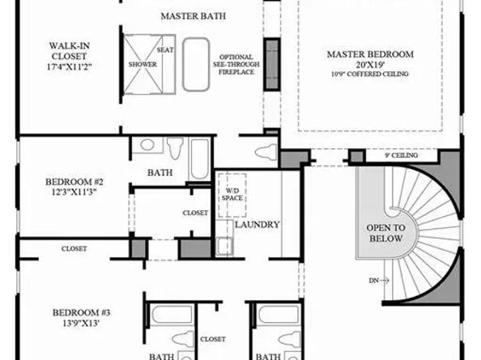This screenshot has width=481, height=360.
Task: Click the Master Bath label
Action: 194,16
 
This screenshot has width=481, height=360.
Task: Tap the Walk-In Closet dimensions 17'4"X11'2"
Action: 70,67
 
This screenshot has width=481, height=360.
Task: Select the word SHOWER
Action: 143,65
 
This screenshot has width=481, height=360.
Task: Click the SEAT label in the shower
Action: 165,49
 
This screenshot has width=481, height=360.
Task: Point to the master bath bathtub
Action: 196,65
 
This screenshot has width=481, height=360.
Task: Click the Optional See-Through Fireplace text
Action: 236,65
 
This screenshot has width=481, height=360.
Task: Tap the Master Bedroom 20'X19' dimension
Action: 370,65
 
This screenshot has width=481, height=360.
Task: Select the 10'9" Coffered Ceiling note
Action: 370,74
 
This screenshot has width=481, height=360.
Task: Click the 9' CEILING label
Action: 402,155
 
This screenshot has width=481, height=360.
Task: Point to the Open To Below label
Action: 386,233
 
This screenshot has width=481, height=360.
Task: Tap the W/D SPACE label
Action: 232,194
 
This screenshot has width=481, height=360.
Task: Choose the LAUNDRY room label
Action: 258,225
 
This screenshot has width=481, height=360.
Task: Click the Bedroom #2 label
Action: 74,182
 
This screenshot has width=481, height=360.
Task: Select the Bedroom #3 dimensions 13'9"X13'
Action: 80,323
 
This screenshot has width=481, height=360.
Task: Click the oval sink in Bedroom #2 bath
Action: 147,145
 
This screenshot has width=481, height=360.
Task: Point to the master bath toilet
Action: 266,151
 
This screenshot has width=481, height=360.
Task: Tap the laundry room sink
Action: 224,247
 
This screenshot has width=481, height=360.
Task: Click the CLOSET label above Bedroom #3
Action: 74,249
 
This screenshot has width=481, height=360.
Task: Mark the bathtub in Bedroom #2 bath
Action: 200,159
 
